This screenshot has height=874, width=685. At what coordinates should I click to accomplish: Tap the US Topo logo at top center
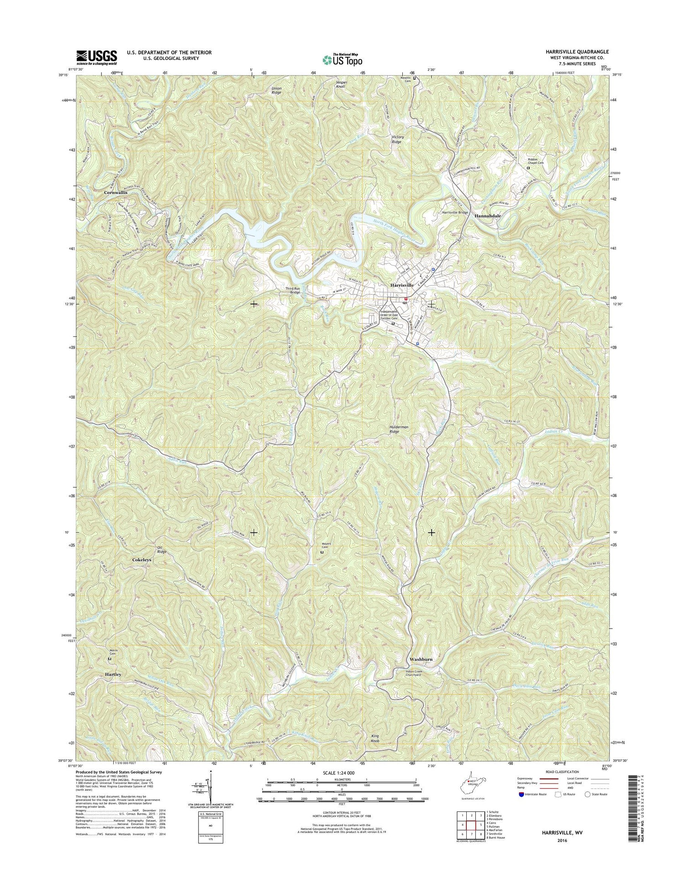tap(342, 59)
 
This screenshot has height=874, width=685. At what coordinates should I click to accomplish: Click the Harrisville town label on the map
tap(402, 285)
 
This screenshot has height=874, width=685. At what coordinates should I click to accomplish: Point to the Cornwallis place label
tap(116, 193)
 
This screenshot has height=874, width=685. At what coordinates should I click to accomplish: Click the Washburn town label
tap(421, 660)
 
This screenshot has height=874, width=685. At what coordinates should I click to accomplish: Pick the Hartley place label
tap(113, 674)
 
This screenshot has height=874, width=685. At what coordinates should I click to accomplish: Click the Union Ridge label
tap(277, 90)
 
